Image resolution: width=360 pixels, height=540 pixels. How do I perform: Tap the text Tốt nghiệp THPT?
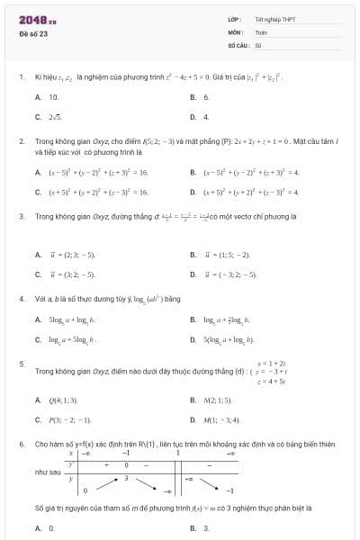click(x=269, y=19)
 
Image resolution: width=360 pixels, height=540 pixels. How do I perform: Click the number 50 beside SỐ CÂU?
click(x=258, y=44)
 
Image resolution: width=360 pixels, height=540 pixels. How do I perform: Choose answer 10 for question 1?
click(x=53, y=96)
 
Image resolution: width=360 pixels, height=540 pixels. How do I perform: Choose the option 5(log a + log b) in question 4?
click(x=229, y=339)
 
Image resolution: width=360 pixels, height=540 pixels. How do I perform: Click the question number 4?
click(x=21, y=298)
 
